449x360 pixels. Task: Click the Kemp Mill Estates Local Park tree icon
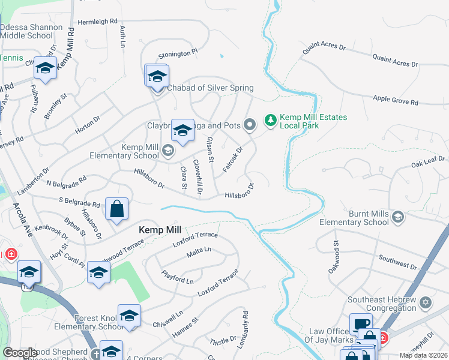click(x=271, y=121)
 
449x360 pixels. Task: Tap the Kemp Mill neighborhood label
click(x=159, y=229)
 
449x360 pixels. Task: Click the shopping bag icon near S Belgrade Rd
click(x=117, y=209)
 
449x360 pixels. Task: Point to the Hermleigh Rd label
click(x=97, y=22)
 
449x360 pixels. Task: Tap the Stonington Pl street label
click(x=178, y=54)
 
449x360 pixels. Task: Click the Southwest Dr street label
click(x=397, y=262)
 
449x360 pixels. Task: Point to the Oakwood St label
click(x=336, y=253)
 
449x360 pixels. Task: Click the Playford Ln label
click(x=177, y=277)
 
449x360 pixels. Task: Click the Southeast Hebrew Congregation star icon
click(x=426, y=301)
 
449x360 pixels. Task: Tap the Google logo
click(x=20, y=353)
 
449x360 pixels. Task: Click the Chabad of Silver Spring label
click(x=210, y=88)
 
